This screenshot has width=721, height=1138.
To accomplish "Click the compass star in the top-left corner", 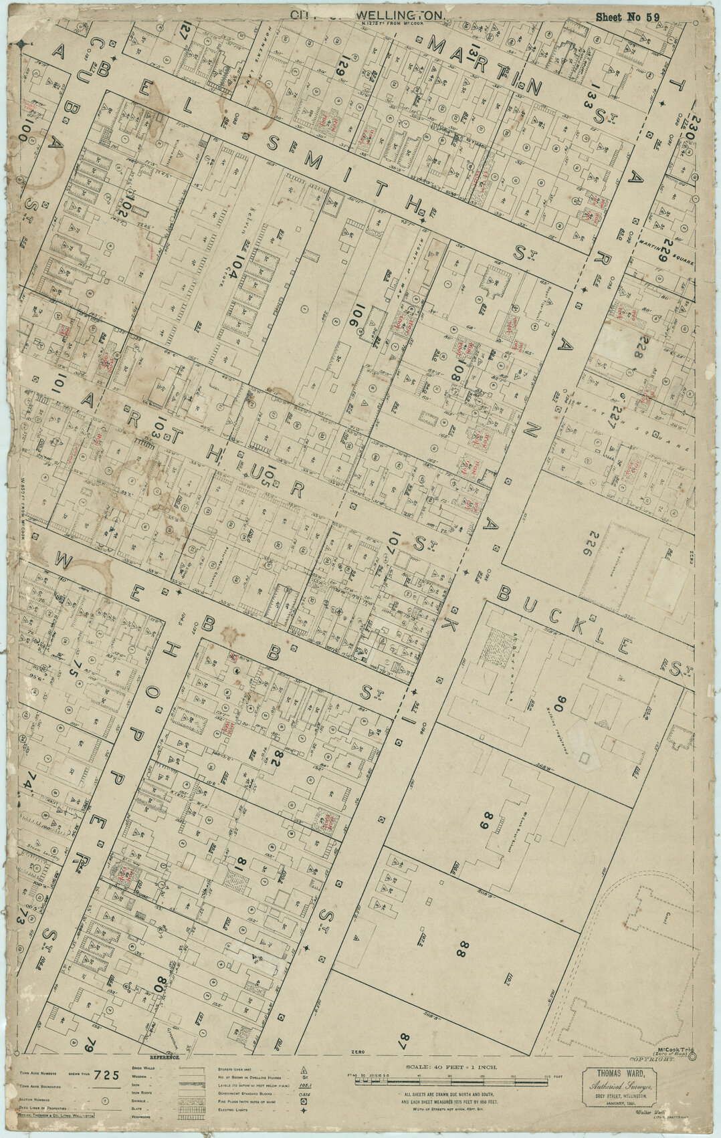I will coord(22,45).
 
